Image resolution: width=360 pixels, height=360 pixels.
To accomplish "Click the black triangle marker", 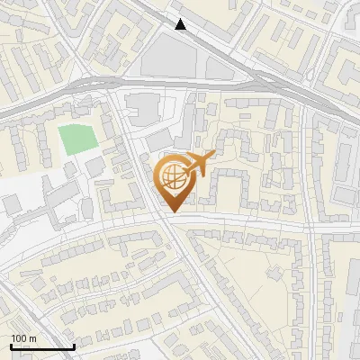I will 181,24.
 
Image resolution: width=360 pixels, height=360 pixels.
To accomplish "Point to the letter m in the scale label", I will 33,338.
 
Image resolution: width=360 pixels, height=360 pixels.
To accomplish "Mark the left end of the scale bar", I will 11,346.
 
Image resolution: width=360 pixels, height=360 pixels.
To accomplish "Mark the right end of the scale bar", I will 74,346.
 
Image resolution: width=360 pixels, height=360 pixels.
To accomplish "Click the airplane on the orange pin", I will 199,163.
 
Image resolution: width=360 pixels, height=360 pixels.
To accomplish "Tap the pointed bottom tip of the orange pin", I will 173,211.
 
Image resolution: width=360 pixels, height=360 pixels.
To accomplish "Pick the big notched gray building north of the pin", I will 140,109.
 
